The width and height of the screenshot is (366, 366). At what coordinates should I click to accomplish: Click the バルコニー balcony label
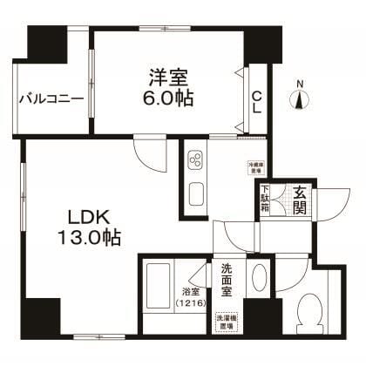(52, 98)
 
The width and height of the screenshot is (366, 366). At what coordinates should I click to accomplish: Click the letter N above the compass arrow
(301, 84)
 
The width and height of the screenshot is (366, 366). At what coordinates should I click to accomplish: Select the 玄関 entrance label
(299, 202)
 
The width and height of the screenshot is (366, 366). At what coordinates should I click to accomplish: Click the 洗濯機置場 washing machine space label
(227, 321)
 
